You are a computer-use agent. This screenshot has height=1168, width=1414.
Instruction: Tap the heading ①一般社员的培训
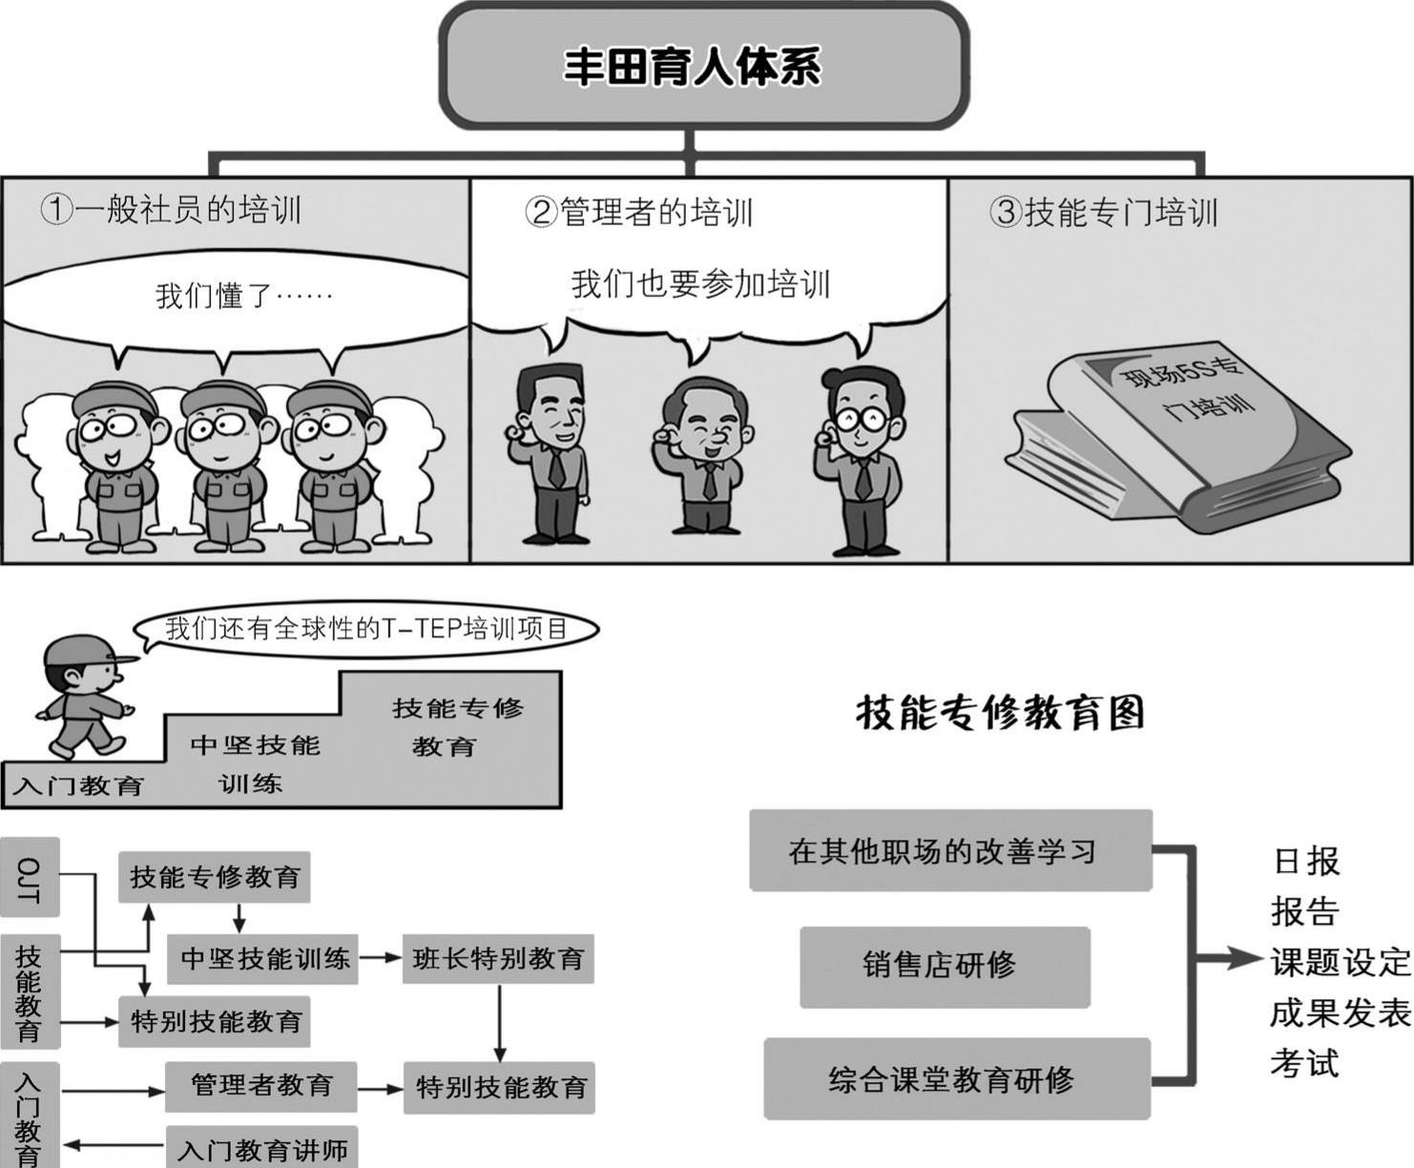point(171,209)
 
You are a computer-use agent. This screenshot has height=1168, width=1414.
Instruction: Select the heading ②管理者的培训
point(638,212)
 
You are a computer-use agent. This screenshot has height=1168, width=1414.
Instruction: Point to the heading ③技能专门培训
point(1103,212)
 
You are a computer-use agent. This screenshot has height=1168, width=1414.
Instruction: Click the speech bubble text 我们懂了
point(243,295)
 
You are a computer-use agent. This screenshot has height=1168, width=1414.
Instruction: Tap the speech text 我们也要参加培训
point(700,284)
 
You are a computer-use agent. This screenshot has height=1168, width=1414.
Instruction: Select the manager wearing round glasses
point(863,458)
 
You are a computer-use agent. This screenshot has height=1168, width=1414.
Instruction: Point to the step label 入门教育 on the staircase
point(78,785)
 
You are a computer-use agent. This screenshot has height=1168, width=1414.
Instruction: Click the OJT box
point(30,877)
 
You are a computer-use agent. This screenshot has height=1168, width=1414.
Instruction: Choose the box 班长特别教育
point(498,958)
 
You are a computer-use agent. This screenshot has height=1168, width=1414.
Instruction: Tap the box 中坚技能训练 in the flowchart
point(264,958)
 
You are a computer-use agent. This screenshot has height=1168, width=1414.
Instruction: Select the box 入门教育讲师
point(261,1149)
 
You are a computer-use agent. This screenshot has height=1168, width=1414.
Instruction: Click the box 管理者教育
point(260,1086)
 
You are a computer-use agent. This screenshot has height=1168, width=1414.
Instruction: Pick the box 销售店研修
point(944,966)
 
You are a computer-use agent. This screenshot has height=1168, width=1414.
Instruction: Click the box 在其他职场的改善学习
point(949,850)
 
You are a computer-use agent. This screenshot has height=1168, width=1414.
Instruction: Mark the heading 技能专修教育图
point(1000,712)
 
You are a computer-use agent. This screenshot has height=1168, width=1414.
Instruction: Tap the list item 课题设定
point(1340,962)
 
